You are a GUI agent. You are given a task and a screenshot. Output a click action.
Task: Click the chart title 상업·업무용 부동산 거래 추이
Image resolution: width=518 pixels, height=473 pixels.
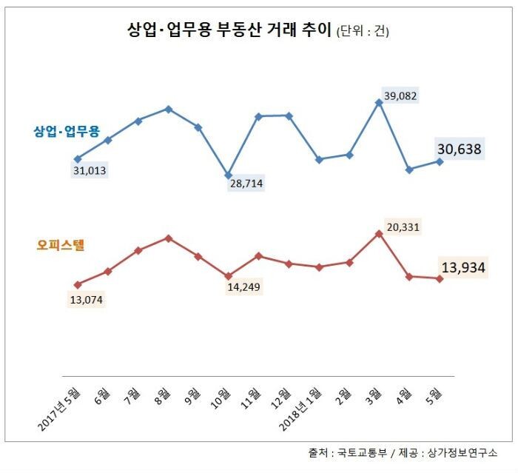coord(229,30)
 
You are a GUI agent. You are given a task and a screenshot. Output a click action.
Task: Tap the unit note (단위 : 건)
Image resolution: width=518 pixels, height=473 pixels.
coord(363,31)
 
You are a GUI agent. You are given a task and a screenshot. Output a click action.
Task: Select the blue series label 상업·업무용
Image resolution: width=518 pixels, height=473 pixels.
coord(67,131)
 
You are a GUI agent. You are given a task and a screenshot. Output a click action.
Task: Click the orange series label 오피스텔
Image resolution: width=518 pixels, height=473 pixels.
coord(61,245)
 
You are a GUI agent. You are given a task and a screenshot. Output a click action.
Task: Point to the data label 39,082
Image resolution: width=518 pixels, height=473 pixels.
coord(400,95)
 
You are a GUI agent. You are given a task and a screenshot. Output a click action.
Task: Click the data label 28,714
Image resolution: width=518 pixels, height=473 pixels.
coord(246,183)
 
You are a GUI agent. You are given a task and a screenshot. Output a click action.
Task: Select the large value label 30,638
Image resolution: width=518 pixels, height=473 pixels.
coord(460,149)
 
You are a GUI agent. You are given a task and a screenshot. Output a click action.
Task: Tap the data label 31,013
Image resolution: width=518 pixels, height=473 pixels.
coord(90,170)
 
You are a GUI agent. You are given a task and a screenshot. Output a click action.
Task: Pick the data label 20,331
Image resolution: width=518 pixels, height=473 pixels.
coord(403,227)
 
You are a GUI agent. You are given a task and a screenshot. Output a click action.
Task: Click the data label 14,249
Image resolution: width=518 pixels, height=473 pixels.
coord(243,287)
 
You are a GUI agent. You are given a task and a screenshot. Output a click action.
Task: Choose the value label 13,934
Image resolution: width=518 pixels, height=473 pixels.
coord(463,267)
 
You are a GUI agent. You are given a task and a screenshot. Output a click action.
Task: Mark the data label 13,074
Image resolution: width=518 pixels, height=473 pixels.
coord(87,300)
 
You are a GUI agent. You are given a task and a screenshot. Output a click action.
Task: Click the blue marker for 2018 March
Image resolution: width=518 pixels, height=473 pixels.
coord(379,103)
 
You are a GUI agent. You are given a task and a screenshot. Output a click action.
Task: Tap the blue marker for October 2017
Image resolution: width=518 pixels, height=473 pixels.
coord(228,175)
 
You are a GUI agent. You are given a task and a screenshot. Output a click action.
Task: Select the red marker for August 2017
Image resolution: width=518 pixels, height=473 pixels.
coord(168,238)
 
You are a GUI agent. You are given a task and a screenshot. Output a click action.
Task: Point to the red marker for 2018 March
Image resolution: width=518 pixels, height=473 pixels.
coord(379,234)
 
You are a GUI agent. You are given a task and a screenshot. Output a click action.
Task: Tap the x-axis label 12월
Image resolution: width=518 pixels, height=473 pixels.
coord(281,399)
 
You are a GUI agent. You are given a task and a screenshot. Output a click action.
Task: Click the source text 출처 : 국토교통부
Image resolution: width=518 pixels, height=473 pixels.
coord(347,452)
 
